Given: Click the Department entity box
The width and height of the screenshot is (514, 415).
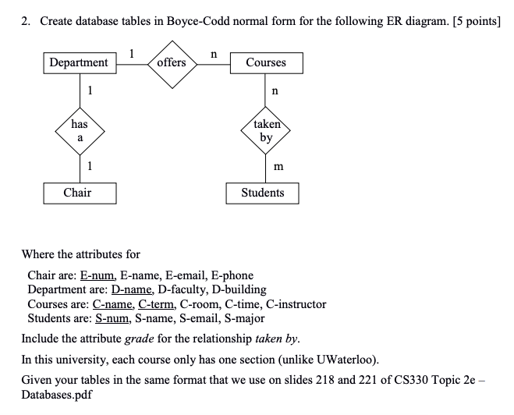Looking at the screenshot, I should [79, 62].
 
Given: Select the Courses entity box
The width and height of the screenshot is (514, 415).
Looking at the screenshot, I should [265, 62].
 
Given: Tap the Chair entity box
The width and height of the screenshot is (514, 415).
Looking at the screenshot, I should [79, 193].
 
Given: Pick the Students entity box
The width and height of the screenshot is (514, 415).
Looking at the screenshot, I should [262, 193].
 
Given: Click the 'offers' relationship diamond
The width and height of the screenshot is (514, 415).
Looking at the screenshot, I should [171, 62].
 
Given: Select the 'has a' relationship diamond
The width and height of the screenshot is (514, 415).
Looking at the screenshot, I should [79, 129].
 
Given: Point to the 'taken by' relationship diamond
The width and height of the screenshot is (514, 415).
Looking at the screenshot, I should [266, 130].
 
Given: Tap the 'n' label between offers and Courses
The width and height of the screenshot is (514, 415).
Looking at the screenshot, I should [214, 53].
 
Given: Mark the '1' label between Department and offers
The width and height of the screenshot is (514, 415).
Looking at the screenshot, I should [133, 53].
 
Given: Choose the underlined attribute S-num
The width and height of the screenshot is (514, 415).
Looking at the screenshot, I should [111, 317].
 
